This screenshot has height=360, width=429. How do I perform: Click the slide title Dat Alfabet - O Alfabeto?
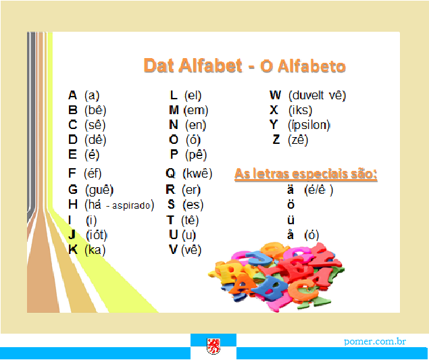click(245, 66)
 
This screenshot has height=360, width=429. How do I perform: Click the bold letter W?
click(275, 95)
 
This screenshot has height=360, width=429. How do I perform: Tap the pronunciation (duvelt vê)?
click(318, 95)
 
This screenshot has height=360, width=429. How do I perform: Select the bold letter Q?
click(170, 174)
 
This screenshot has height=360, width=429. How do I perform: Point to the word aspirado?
click(131, 205)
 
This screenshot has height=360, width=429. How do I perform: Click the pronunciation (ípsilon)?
click(309, 125)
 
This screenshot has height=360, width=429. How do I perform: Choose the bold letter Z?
click(276, 140)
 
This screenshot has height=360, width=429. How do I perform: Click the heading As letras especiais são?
click(306, 174)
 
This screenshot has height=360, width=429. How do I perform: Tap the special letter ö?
click(291, 205)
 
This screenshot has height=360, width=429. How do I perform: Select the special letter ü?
click(291, 220)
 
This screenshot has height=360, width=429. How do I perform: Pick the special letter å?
click(291, 235)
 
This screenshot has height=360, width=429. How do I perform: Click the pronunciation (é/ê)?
click(319, 190)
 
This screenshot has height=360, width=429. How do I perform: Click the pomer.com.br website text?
click(375, 341)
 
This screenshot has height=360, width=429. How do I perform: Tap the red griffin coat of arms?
click(213, 346)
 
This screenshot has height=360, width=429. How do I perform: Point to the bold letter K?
click(73, 249)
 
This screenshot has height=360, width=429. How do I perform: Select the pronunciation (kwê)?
click(197, 174)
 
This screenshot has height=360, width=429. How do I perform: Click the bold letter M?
click(174, 110)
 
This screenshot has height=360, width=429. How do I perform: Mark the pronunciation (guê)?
click(99, 190)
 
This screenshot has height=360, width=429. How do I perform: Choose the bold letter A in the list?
click(72, 95)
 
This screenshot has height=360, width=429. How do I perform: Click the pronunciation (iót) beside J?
click(97, 235)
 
